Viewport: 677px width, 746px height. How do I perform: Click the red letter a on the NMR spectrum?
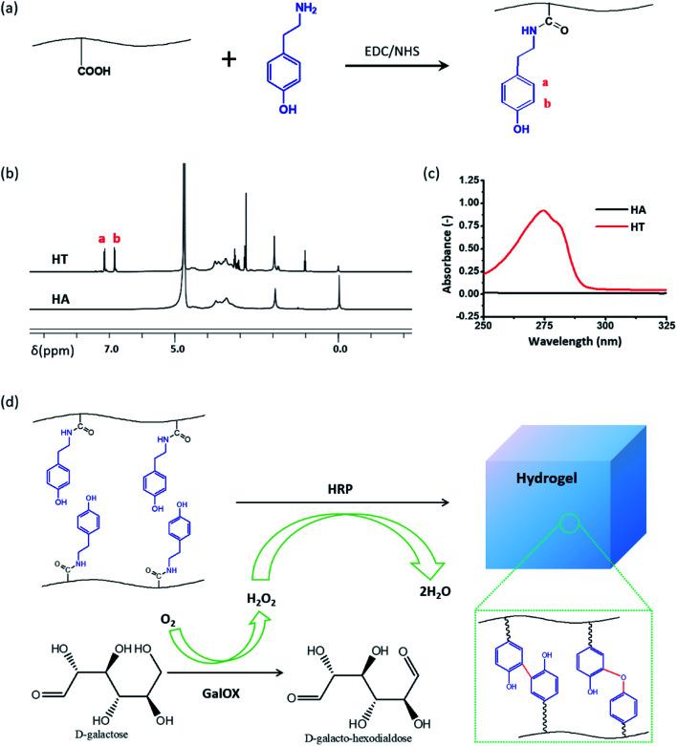102,238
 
